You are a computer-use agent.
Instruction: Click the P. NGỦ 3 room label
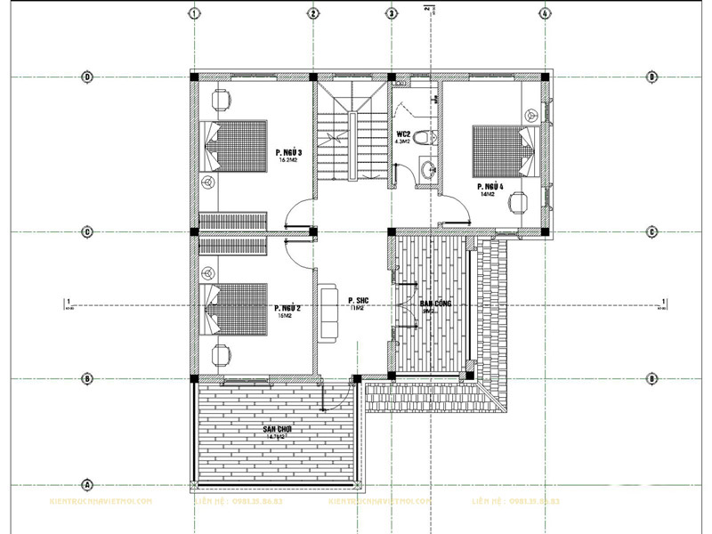(289, 153)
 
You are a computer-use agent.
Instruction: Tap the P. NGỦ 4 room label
(490, 187)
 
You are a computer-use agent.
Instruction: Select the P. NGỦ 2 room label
(288, 308)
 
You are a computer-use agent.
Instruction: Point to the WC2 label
(403, 134)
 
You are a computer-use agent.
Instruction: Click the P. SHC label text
(358, 300)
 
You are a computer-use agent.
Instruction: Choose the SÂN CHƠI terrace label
(278, 430)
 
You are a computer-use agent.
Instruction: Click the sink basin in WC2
(428, 169)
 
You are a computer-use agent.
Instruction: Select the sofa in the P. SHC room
(328, 312)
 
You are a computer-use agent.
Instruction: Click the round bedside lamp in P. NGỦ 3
(207, 182)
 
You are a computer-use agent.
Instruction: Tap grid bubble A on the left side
(87, 485)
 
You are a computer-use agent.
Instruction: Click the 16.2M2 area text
(288, 162)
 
